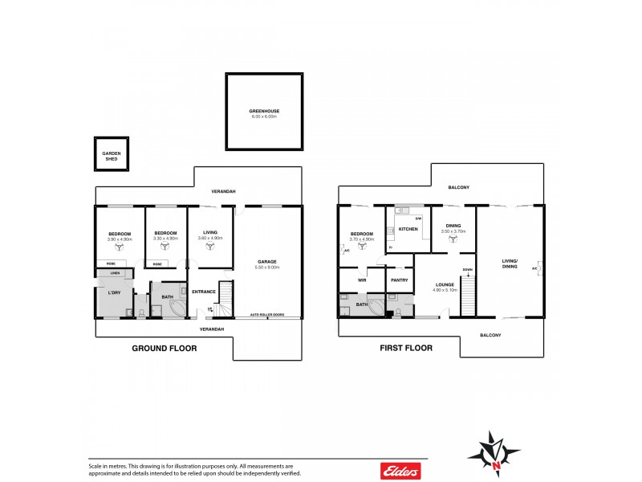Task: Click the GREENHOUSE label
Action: (264, 110)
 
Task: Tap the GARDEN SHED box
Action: (110, 154)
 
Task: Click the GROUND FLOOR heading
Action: (164, 349)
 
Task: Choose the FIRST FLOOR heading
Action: (406, 349)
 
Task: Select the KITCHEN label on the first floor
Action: (409, 230)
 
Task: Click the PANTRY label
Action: (399, 280)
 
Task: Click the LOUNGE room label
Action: (445, 284)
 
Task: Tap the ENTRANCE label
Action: (203, 292)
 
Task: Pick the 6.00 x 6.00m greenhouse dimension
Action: (264, 116)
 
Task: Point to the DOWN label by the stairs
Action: (466, 270)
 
